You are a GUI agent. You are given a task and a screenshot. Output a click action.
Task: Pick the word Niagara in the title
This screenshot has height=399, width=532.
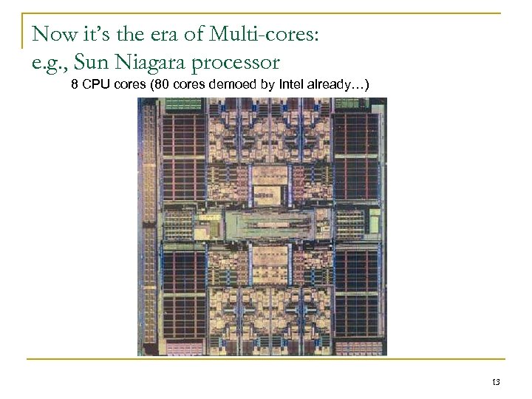click(150, 61)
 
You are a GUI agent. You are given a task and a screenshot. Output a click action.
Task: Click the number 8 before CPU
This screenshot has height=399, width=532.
click(75, 86)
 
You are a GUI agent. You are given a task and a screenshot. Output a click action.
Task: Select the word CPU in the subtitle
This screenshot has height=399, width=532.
click(94, 86)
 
